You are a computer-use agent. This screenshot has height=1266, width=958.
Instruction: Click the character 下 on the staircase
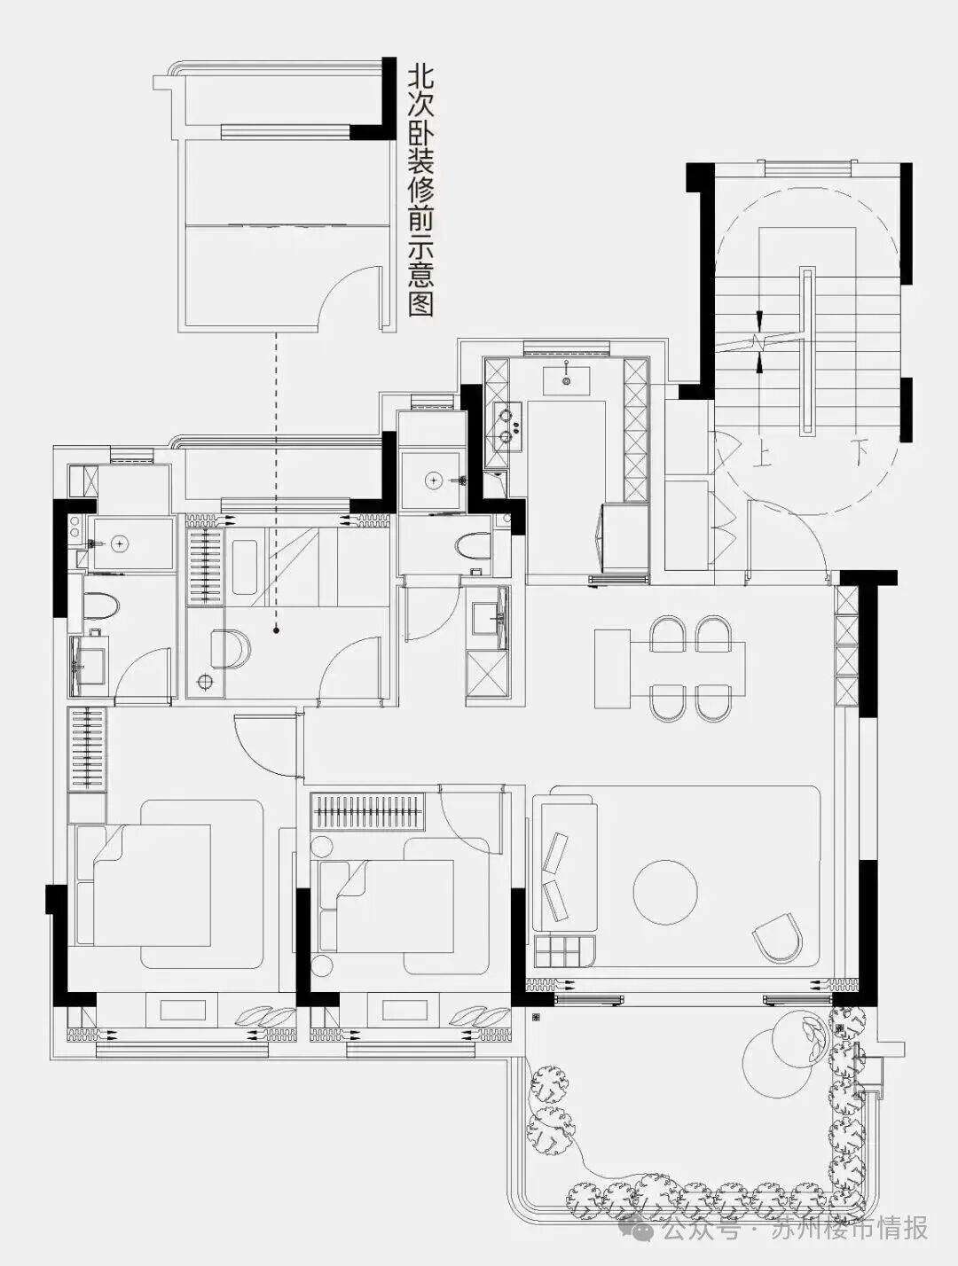860,453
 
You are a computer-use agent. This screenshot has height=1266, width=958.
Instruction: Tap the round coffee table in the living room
664,890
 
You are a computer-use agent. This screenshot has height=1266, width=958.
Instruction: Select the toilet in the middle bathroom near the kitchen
473,545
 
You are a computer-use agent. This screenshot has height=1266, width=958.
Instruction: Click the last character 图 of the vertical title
420,305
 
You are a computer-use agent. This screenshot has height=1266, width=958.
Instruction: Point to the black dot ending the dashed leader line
277,630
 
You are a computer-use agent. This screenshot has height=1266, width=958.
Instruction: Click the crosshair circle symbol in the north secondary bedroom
203,682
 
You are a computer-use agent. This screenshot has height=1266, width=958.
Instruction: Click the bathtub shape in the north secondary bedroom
247,567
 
